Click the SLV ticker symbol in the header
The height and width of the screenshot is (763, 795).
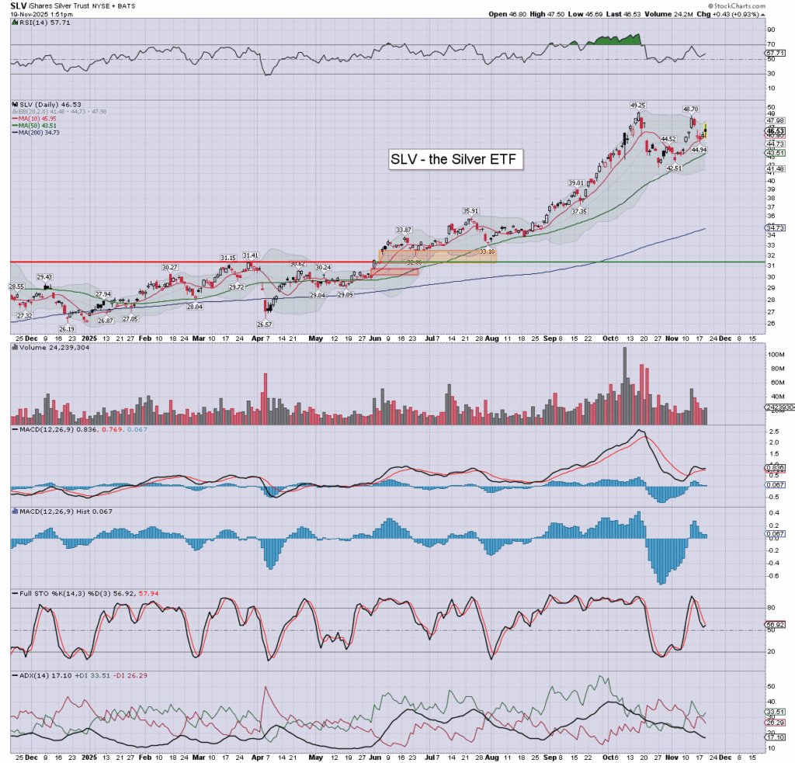18,5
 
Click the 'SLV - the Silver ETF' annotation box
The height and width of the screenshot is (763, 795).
456,160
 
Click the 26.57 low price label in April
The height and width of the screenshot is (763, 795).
264,324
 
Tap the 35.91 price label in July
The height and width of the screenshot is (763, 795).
470,210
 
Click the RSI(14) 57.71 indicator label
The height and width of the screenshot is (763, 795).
39,24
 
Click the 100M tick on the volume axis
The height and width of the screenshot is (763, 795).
772,355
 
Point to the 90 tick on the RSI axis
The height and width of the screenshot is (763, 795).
771,30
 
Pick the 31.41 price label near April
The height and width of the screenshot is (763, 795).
250,255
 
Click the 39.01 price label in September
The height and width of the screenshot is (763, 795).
575,182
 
